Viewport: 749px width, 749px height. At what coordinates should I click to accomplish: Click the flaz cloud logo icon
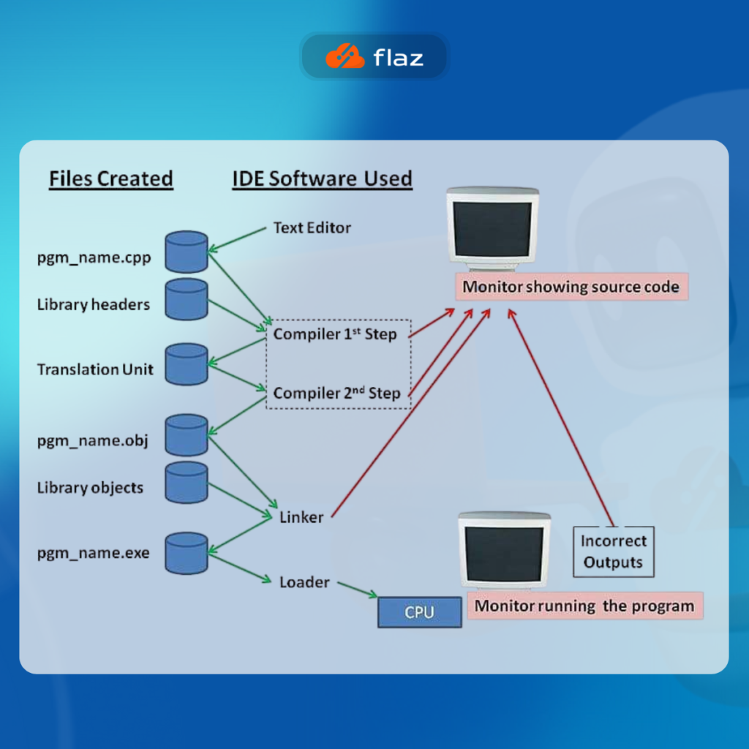[345, 56]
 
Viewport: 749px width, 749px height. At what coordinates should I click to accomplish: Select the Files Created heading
[111, 178]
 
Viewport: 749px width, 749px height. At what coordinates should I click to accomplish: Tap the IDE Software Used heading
[322, 178]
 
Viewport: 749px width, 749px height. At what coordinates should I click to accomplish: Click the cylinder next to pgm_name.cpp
[187, 252]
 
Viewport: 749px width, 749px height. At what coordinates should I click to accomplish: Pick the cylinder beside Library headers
[187, 298]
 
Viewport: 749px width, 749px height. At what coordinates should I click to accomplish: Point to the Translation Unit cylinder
[187, 364]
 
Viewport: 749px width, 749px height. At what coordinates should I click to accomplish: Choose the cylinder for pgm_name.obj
[187, 434]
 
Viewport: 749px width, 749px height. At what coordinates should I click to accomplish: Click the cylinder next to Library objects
[187, 482]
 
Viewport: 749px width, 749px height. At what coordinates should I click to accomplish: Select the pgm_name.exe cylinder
[187, 553]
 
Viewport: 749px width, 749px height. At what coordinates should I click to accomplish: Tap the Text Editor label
[312, 227]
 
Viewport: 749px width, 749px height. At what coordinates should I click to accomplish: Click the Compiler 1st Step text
[335, 334]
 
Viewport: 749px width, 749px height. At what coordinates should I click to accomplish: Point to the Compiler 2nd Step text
[337, 394]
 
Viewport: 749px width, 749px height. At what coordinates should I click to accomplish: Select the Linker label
[301, 517]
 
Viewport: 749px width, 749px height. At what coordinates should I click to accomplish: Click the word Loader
[304, 582]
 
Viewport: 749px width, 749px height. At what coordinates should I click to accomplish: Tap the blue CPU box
[419, 612]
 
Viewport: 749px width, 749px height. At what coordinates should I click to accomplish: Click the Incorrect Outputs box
[614, 552]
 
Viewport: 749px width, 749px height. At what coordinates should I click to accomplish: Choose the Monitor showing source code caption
[571, 287]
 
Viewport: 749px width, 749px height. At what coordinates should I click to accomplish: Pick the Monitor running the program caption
[584, 606]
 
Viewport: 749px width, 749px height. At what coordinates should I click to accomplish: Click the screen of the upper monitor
[492, 229]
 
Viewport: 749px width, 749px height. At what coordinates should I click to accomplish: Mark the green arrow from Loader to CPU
[358, 590]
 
